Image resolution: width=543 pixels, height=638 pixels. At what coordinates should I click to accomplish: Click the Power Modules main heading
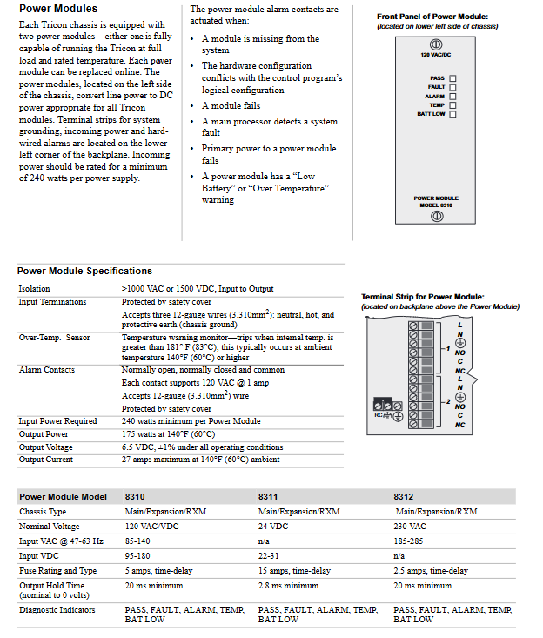57,9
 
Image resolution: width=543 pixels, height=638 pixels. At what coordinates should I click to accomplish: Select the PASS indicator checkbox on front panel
452,78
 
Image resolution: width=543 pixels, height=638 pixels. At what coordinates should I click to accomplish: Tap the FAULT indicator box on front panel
452,87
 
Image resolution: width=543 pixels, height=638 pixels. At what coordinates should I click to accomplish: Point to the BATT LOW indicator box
452,114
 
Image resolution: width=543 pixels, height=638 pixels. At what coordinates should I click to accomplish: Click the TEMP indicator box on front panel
452,104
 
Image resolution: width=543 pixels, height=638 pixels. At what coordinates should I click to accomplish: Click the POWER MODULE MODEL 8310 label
436,201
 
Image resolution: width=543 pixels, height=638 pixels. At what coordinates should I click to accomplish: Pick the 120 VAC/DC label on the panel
436,57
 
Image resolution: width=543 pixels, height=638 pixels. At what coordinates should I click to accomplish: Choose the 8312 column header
403,496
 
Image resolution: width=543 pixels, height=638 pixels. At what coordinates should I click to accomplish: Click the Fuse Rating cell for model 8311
294,571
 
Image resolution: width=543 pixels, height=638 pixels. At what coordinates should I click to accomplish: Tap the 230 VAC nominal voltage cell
410,527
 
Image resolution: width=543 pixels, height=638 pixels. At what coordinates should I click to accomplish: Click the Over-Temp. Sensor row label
54,337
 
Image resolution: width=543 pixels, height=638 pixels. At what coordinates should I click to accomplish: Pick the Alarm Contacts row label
47,370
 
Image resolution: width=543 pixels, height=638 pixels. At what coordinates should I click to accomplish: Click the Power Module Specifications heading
84,271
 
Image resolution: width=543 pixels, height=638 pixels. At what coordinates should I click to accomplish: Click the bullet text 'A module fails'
231,106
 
